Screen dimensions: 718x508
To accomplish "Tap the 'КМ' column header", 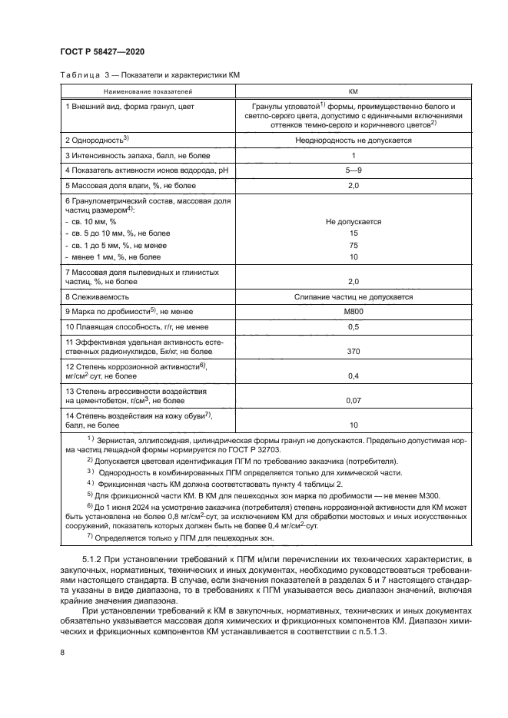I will pos(354,89).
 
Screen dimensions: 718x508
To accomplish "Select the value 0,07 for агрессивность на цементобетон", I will pos(354,400).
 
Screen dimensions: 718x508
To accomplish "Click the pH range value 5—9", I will pos(354,169).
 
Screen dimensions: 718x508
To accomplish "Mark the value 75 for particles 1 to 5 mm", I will pos(354,244).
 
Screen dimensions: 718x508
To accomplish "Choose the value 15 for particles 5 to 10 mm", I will pos(354,233).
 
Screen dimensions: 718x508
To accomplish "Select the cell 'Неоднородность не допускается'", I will pos(354,141).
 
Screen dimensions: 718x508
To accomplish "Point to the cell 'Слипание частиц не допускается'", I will pos(354,296).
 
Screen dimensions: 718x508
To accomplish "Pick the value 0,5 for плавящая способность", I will pos(354,326).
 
